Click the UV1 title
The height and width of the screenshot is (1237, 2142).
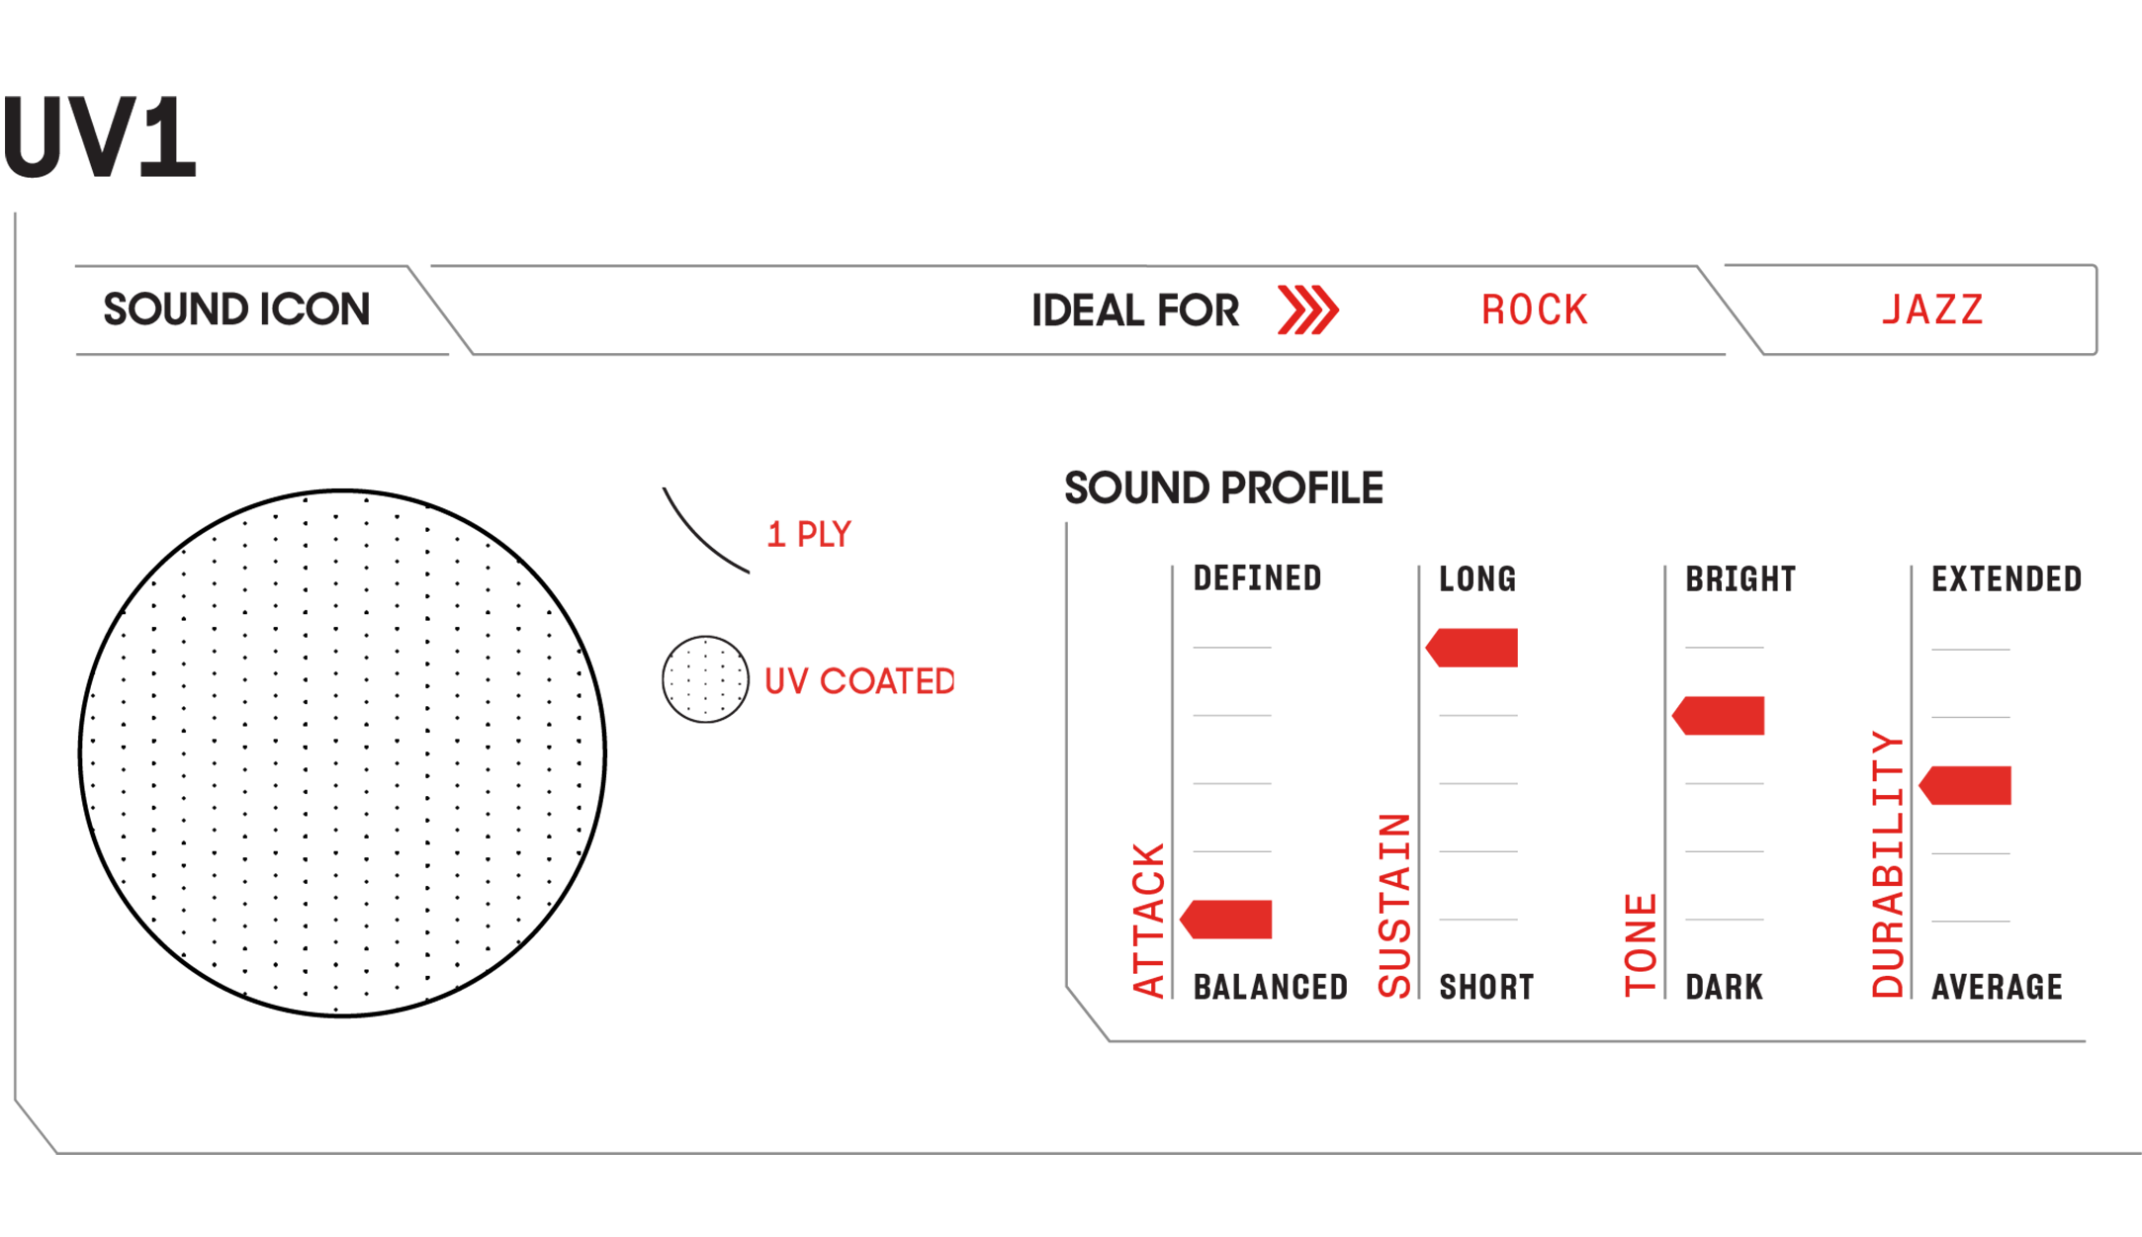click(x=99, y=137)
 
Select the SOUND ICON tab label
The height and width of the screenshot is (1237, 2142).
click(x=237, y=309)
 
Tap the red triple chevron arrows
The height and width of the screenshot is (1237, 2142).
click(x=1307, y=310)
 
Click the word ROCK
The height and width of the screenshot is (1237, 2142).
click(x=1534, y=310)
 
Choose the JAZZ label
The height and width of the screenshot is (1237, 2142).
click(x=1932, y=310)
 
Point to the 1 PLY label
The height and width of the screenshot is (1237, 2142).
click(x=809, y=535)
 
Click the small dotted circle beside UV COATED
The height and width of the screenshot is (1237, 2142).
click(x=705, y=679)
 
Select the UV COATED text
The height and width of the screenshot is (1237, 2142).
click(x=859, y=681)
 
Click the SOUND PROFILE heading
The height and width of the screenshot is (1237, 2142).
click(x=1223, y=488)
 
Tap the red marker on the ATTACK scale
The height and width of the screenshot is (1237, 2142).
click(x=1226, y=920)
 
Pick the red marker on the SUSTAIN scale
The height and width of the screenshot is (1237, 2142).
click(x=1472, y=648)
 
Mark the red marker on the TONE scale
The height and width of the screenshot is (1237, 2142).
click(x=1718, y=716)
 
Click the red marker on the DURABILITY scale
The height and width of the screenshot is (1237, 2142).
click(x=1965, y=785)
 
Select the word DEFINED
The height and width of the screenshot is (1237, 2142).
click(x=1257, y=578)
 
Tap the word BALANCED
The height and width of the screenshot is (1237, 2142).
click(x=1271, y=987)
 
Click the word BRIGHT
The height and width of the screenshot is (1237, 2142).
click(x=1740, y=579)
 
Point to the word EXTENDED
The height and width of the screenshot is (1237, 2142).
click(x=2007, y=579)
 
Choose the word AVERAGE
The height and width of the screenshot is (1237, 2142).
click(x=1997, y=987)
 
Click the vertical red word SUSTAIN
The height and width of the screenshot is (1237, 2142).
click(x=1394, y=906)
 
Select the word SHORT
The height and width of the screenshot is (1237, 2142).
click(x=1486, y=987)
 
